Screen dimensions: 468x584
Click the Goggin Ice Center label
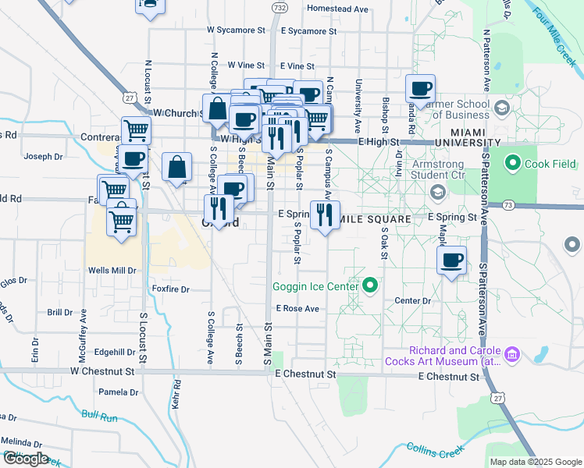tap(315, 285)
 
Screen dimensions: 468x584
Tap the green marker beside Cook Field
tap(513, 164)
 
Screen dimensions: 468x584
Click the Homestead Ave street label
tap(337, 9)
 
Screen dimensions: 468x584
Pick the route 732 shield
tap(279, 7)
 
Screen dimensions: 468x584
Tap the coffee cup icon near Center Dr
tap(450, 261)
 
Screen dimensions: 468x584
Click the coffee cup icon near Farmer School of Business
tap(420, 89)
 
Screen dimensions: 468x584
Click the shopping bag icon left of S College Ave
tap(177, 167)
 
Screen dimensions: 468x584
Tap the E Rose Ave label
tap(297, 309)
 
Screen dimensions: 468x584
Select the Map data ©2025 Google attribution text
tap(536, 462)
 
